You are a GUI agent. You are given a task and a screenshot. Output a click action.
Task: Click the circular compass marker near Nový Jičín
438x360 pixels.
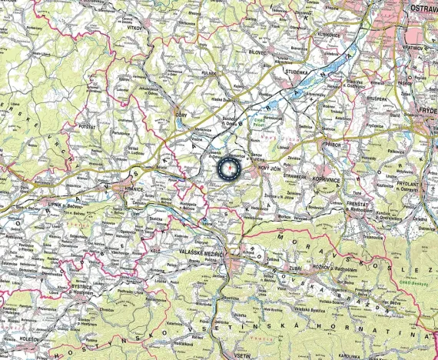(x=230, y=168)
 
